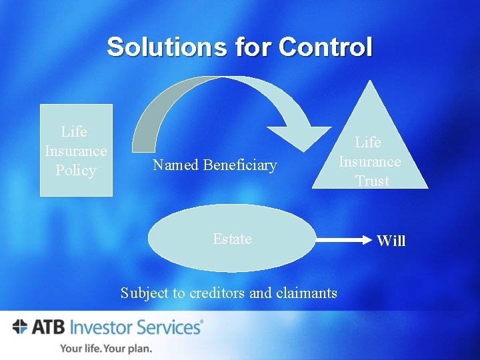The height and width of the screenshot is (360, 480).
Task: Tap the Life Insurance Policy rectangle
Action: click(x=76, y=150)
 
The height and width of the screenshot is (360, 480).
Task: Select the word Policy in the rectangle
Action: click(x=76, y=170)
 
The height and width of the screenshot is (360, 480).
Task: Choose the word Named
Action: click(x=175, y=165)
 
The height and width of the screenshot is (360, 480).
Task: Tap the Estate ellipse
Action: click(x=231, y=239)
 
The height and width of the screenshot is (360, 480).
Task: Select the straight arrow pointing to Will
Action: click(x=343, y=238)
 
